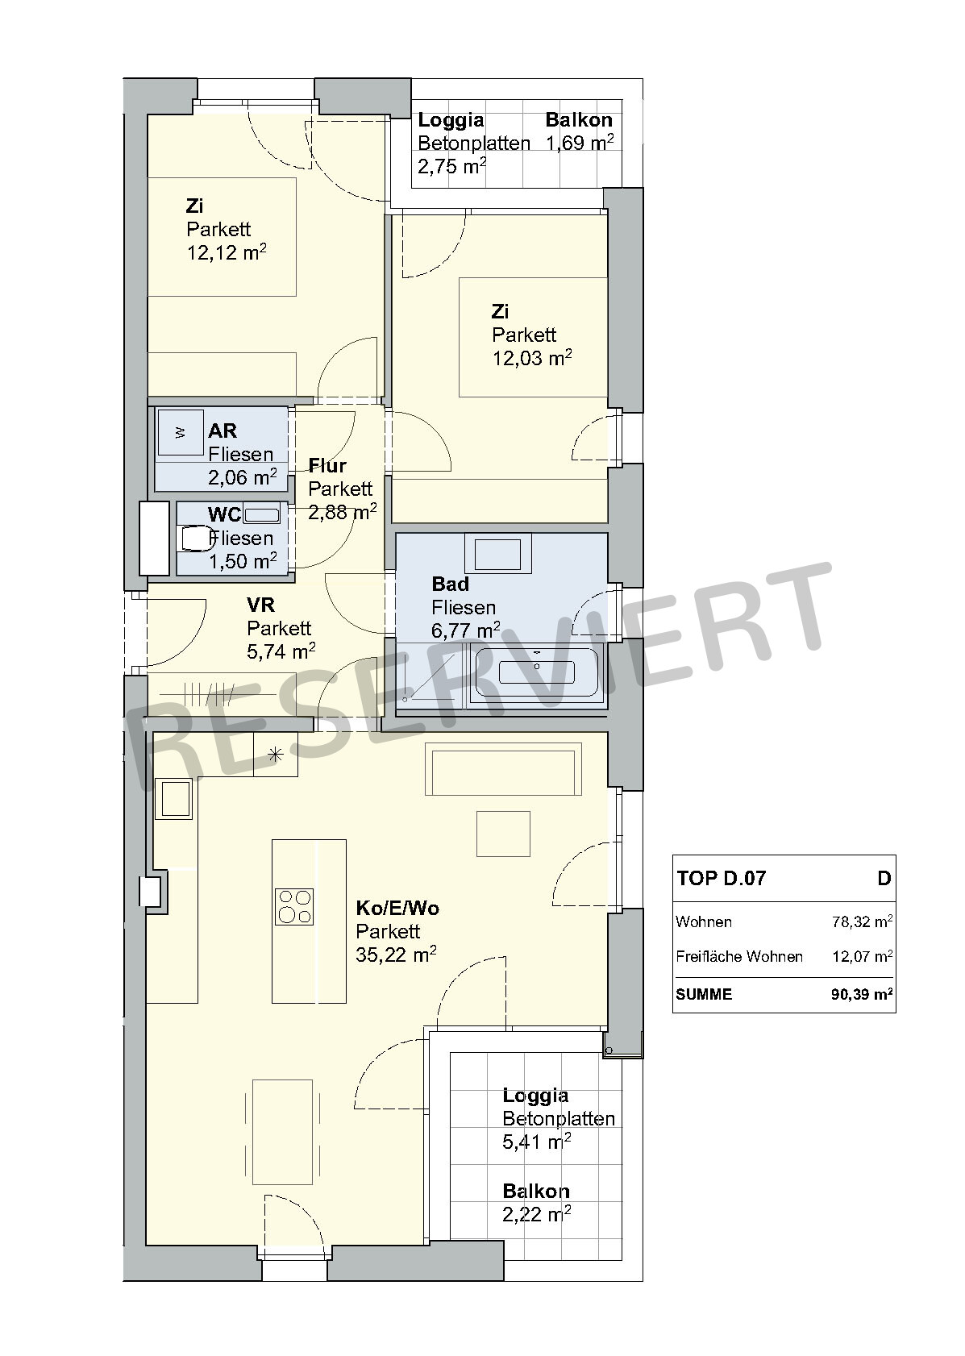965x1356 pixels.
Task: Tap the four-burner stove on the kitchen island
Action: click(x=294, y=906)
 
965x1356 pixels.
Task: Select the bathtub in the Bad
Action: click(x=536, y=672)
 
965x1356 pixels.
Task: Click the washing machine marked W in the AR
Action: click(x=180, y=432)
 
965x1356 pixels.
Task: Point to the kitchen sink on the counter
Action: click(x=175, y=799)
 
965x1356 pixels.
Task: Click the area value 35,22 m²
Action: click(x=396, y=955)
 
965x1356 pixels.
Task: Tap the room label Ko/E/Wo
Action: click(x=397, y=908)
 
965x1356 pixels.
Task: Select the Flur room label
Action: click(x=327, y=465)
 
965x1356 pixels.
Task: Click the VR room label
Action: click(x=261, y=605)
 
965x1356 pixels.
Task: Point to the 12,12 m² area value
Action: click(x=227, y=252)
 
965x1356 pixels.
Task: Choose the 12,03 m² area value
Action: click(x=531, y=358)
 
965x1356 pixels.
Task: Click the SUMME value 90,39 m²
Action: click(x=862, y=994)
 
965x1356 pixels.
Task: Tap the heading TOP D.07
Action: click(x=722, y=878)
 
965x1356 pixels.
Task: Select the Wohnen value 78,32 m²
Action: click(x=862, y=921)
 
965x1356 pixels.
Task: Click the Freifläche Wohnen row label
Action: click(x=739, y=956)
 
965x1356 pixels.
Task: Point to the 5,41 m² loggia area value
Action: click(x=536, y=1142)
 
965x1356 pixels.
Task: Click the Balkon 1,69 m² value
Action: click(x=580, y=143)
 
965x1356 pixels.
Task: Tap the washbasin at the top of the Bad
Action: click(x=497, y=553)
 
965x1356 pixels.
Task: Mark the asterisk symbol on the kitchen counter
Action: click(x=276, y=755)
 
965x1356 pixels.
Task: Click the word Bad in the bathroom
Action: click(x=451, y=584)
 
